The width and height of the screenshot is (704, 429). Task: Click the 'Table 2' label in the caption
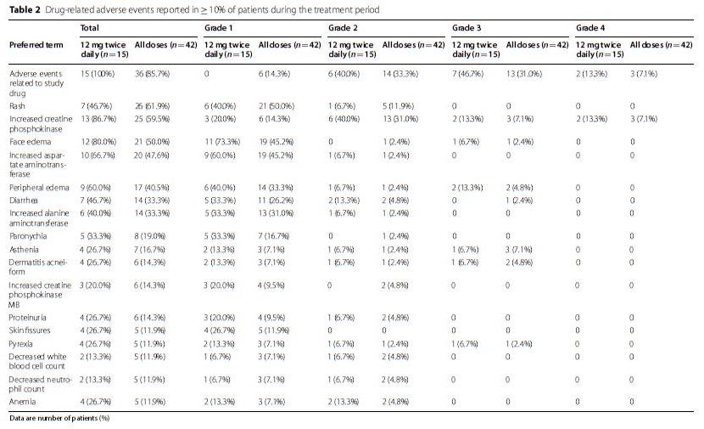pos(25,10)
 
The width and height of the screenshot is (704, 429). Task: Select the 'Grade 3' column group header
pos(467,28)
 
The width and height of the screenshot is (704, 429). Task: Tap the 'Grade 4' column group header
pos(590,28)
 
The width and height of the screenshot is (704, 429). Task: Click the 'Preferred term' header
pos(36,45)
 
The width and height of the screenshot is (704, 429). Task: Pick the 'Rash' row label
pos(17,106)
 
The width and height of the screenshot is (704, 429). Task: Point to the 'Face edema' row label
pos(30,142)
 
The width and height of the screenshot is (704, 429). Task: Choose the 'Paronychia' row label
pos(28,236)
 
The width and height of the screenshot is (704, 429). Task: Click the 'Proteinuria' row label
pos(27,318)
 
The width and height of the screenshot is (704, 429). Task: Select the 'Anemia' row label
pos(22,402)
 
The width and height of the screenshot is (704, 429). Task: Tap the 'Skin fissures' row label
pos(30,330)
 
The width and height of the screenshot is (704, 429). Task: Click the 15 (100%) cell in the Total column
pos(98,74)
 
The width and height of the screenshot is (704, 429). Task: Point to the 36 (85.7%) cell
pos(152,74)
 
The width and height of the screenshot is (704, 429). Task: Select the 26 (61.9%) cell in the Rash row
pos(152,106)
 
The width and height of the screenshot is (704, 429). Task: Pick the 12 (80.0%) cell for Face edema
pos(98,142)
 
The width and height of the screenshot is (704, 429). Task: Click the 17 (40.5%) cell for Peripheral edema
pos(152,188)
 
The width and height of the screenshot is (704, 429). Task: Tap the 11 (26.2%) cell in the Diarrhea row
pos(276,200)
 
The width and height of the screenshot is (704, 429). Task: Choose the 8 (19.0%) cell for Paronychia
pos(150,236)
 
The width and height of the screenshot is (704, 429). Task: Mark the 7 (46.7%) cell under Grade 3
pos(468,74)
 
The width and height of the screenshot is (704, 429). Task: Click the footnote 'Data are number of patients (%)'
pos(59,418)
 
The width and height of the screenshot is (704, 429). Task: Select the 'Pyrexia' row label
pos(20,344)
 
